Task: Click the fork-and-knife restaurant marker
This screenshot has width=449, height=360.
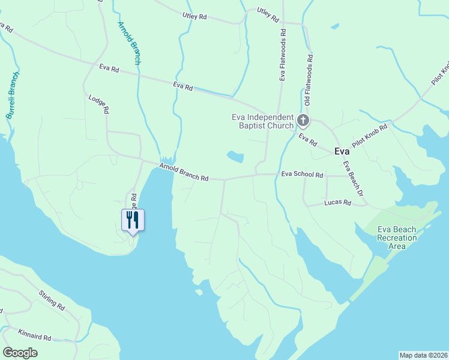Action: pos(133,220)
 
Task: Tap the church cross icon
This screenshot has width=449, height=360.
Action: pos(303,121)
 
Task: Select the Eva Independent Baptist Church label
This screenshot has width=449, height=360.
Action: pos(263,121)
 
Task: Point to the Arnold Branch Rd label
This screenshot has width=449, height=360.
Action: pos(184,173)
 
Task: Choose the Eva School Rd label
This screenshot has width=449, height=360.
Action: pos(302,175)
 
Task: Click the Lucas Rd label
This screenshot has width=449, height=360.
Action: pos(337,203)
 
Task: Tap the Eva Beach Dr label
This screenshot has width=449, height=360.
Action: pos(354,178)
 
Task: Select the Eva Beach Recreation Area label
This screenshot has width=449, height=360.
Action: pos(397,238)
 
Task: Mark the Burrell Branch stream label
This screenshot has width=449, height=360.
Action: pos(13,95)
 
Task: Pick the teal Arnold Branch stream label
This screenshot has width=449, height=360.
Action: pos(129,43)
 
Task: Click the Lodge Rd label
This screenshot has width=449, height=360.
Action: pos(98,104)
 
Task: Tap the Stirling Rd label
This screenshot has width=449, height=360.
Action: pos(52,299)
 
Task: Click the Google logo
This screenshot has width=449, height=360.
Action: pos(20,353)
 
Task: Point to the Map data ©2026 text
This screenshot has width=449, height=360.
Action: pos(423,355)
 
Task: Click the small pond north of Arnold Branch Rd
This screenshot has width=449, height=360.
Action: pos(235,157)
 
